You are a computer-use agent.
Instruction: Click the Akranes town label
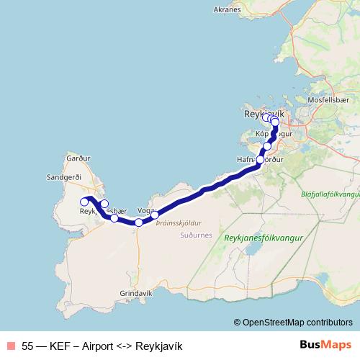coord(228,10)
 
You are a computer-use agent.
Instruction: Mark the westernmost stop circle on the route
coord(84,202)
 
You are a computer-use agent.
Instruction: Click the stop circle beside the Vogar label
coord(155,215)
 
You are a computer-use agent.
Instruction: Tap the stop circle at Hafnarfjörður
coord(260,161)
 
